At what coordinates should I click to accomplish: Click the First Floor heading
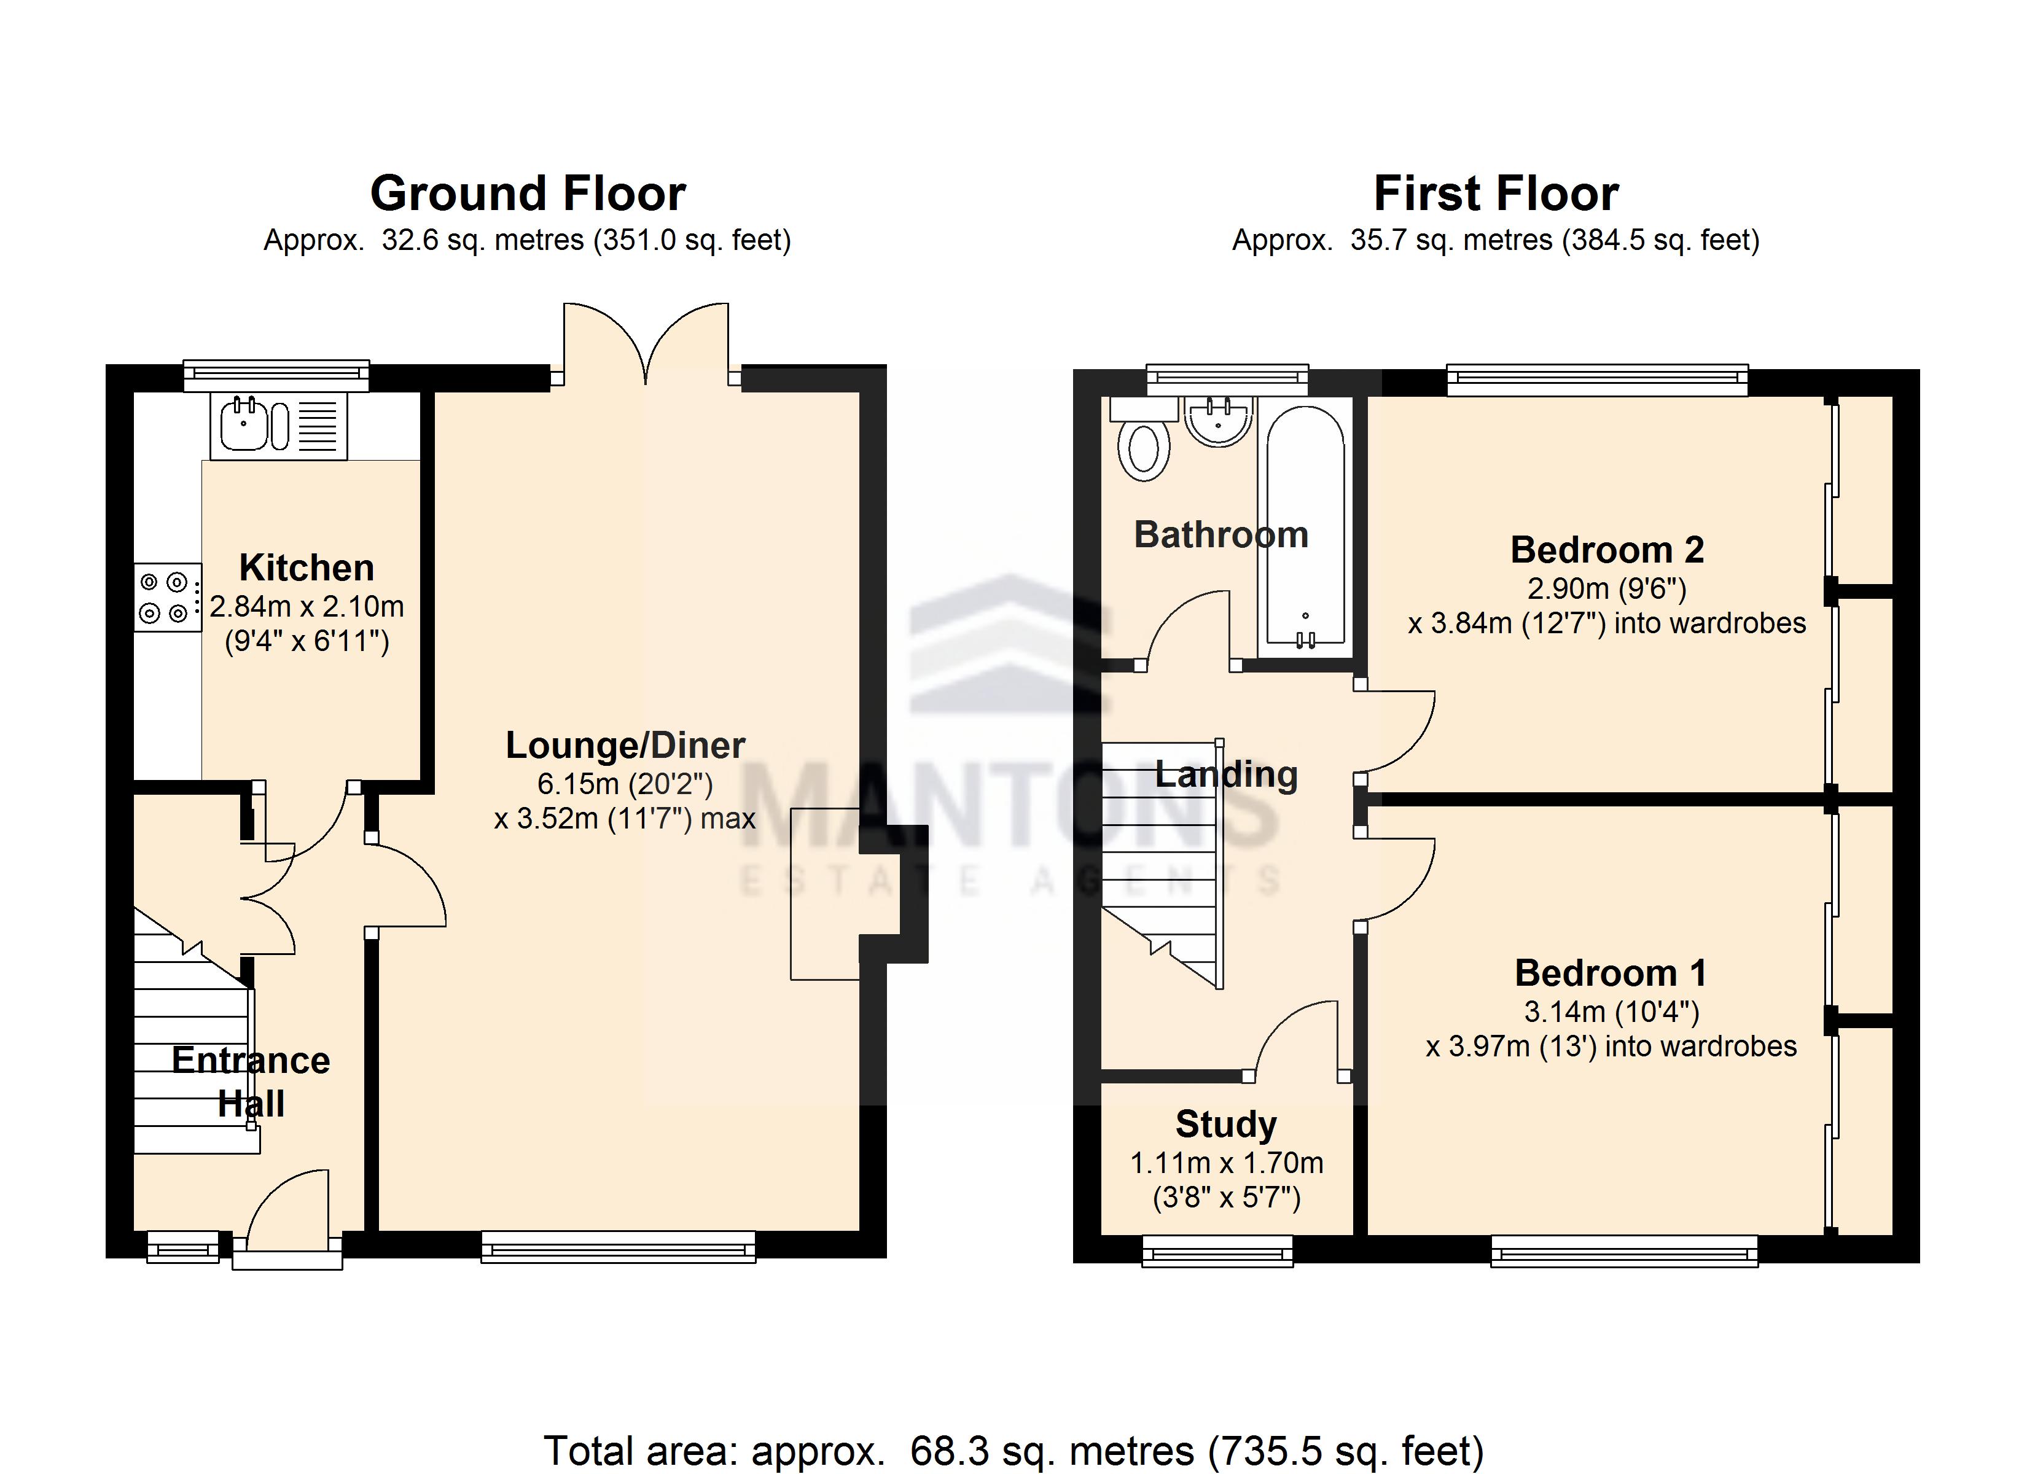pyautogui.click(x=1496, y=194)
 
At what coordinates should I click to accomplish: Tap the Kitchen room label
pyautogui.click(x=307, y=569)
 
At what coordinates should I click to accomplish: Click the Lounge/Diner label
pyautogui.click(x=626, y=746)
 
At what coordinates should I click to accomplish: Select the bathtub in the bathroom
pyautogui.click(x=1305, y=531)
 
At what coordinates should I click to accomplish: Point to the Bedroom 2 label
pyautogui.click(x=1607, y=550)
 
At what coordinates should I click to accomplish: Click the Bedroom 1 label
pyautogui.click(x=1611, y=973)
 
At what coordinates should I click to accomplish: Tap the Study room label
pyautogui.click(x=1226, y=1125)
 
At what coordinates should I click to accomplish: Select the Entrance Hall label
pyautogui.click(x=251, y=1082)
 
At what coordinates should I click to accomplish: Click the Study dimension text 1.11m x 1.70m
pyautogui.click(x=1226, y=1163)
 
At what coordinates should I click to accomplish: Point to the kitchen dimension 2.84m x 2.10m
pyautogui.click(x=307, y=607)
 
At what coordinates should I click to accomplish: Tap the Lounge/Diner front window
pyautogui.click(x=619, y=1247)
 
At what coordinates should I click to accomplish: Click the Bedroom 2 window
pyautogui.click(x=1597, y=380)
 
